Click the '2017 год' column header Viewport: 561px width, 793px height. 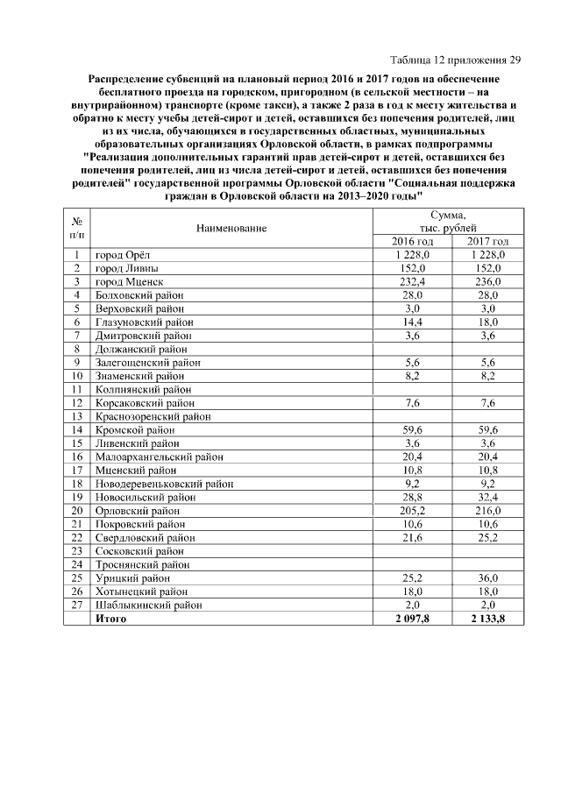coord(488,241)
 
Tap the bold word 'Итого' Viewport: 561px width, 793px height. coord(110,619)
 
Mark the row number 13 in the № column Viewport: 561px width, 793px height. coord(77,416)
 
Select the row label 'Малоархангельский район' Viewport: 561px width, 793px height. coord(159,457)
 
